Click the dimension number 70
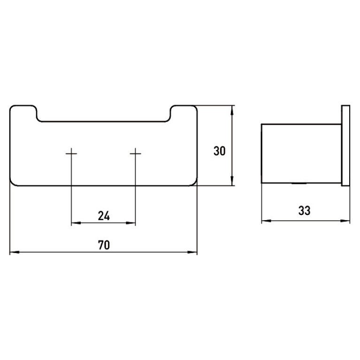[x=104, y=245]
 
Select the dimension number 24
[x=104, y=216]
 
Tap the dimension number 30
[x=220, y=151]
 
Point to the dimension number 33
[x=304, y=210]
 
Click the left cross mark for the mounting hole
[x=71, y=153]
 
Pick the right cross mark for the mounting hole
[x=135, y=153]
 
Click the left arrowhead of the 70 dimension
[x=14, y=252]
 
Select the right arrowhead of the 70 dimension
[x=192, y=252]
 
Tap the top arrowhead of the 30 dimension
[x=232, y=110]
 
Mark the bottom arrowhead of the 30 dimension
[x=232, y=181]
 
